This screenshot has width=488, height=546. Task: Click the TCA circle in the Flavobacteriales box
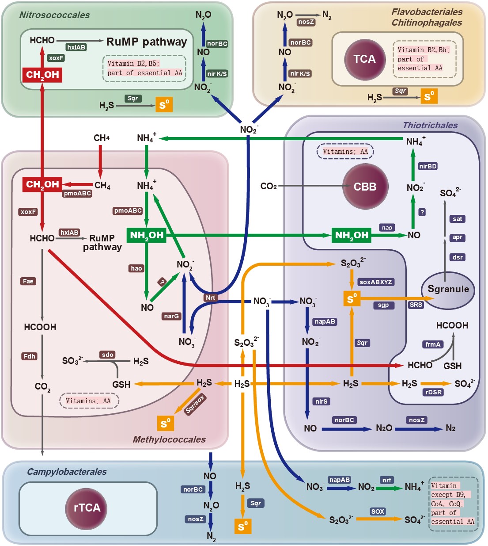coord(364,59)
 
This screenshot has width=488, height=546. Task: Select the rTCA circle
coord(87,508)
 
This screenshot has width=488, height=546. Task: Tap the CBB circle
coord(365,187)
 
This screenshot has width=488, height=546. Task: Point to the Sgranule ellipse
coord(448,290)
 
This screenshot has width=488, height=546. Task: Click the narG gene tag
coord(171,316)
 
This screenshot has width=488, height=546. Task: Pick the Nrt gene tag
coord(210,298)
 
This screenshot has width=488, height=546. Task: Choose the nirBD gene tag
coord(427,166)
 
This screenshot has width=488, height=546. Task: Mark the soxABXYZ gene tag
coord(376,282)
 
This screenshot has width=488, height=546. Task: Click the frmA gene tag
coord(433,344)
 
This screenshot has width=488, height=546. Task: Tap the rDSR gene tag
coord(433,392)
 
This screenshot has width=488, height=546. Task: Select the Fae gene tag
coord(28,281)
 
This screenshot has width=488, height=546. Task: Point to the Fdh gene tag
coord(30,356)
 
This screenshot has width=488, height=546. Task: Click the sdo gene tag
coord(108,355)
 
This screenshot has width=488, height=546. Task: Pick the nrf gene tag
coord(387,480)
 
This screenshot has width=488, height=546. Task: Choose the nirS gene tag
coord(321,401)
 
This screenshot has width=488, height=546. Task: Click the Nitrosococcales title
coord(54,15)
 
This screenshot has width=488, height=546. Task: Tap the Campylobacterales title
coord(67,472)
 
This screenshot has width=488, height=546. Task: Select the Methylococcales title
coord(169,439)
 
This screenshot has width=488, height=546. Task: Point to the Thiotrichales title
coord(430,125)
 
